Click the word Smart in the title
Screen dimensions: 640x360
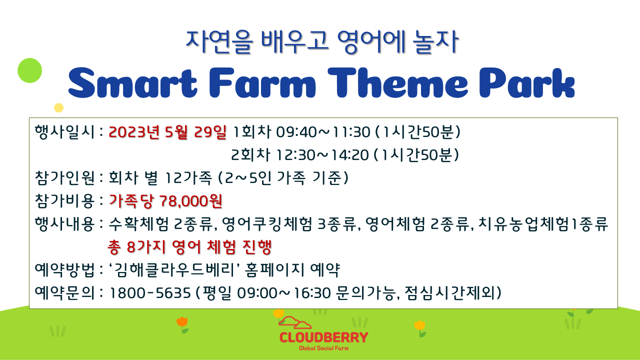tap(132, 83)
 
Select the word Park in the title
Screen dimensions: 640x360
tap(527, 83)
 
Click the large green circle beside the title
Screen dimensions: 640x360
tap(29, 70)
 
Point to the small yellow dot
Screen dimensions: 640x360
tap(58, 107)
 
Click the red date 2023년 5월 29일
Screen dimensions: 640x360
tap(167, 132)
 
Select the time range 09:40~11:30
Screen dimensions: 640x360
tap(323, 132)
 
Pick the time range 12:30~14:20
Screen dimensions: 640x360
tap(322, 155)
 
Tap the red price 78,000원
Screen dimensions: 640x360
tap(190, 201)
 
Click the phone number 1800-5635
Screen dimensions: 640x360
tap(150, 293)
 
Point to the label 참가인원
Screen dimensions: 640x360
tap(64, 177)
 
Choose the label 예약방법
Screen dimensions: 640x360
tap(64, 269)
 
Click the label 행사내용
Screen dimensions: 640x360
tap(64, 223)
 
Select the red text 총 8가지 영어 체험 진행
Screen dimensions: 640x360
tap(189, 247)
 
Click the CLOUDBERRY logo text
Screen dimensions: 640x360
tap(323, 337)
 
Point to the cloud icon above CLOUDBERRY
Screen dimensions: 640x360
tap(295, 322)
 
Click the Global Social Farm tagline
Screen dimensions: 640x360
tap(323, 348)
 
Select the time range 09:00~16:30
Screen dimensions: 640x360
tap(284, 293)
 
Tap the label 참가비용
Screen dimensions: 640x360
tap(64, 201)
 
